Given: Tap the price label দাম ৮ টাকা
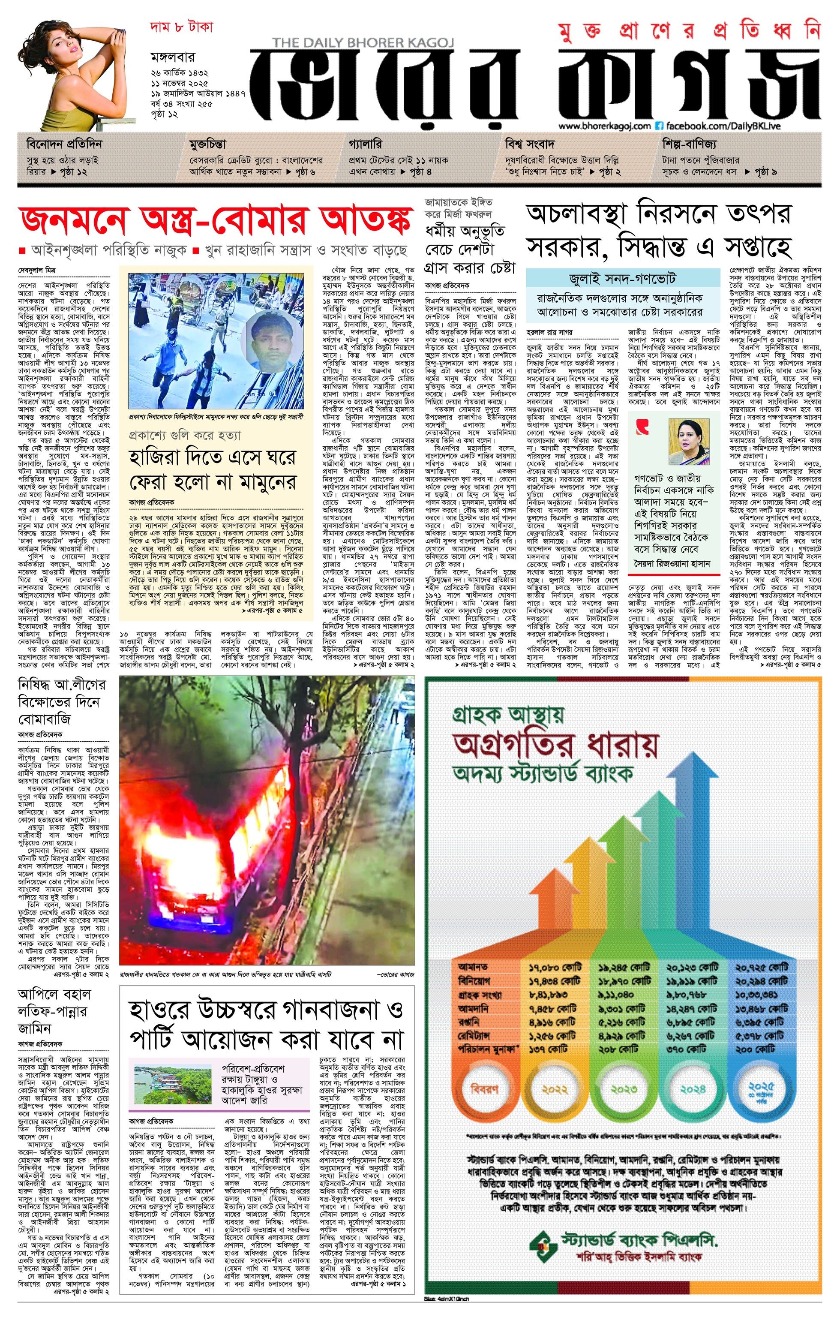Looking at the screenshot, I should pos(181,27).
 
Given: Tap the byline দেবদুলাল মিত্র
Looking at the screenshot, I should pos(36,270).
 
